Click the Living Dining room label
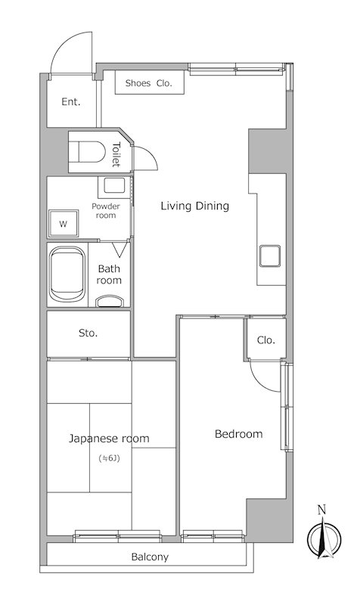click(195, 206)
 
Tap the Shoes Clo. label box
click(149, 82)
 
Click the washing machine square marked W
click(63, 223)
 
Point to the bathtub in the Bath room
click(67, 274)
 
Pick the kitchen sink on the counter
click(270, 256)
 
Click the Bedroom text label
click(238, 434)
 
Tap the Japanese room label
click(109, 439)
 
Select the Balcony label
click(150, 557)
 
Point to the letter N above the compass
click(321, 510)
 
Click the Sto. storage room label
click(88, 333)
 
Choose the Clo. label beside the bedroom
click(266, 340)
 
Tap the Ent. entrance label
click(71, 102)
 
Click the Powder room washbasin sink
click(114, 185)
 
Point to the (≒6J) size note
click(110, 459)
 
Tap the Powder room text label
click(106, 211)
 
